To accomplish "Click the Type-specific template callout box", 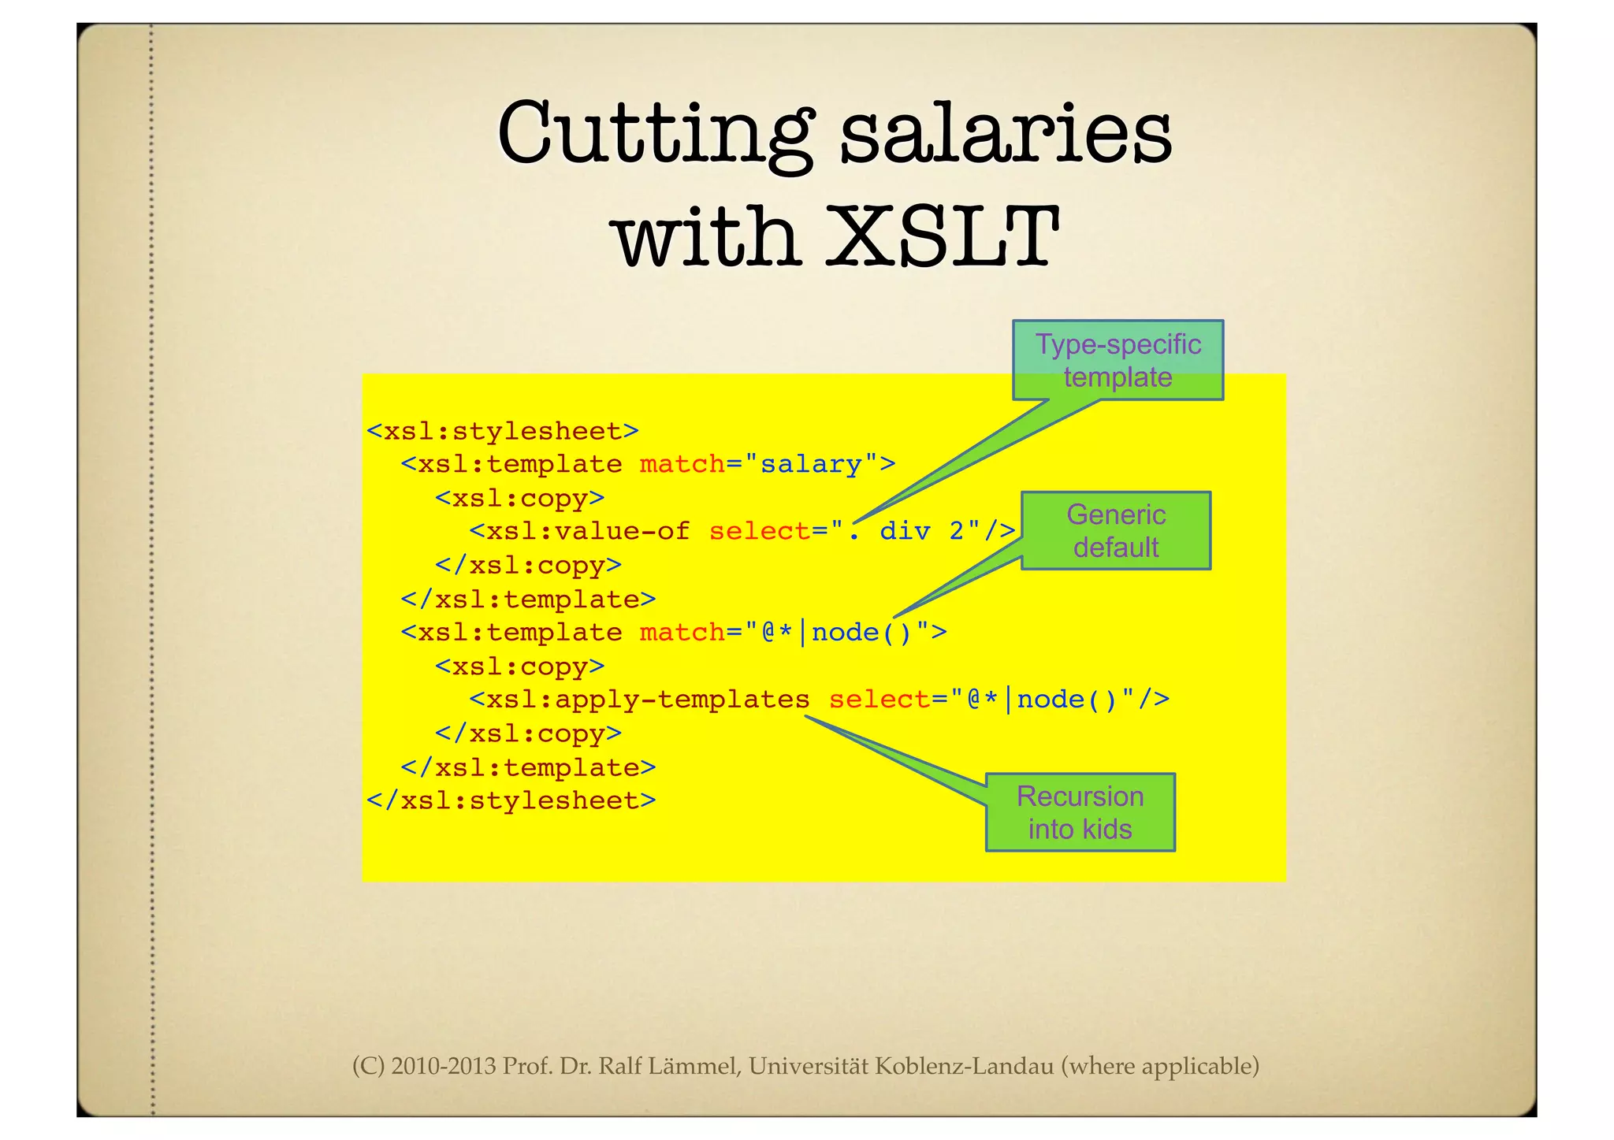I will click(1118, 360).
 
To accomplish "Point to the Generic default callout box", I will click(1116, 530).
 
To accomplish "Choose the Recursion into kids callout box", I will click(1080, 812).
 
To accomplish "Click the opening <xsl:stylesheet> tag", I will click(503, 431).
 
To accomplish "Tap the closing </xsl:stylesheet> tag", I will click(511, 801).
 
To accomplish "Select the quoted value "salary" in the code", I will click(811, 464).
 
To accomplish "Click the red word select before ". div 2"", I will click(760, 531).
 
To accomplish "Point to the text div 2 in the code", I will click(921, 531).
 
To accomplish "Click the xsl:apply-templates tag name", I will click(648, 700).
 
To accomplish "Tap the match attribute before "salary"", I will click(682, 464).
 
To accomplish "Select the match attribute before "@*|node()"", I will click(682, 633).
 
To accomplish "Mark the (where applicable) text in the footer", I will click(1159, 1066).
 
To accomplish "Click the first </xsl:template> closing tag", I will click(528, 600).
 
